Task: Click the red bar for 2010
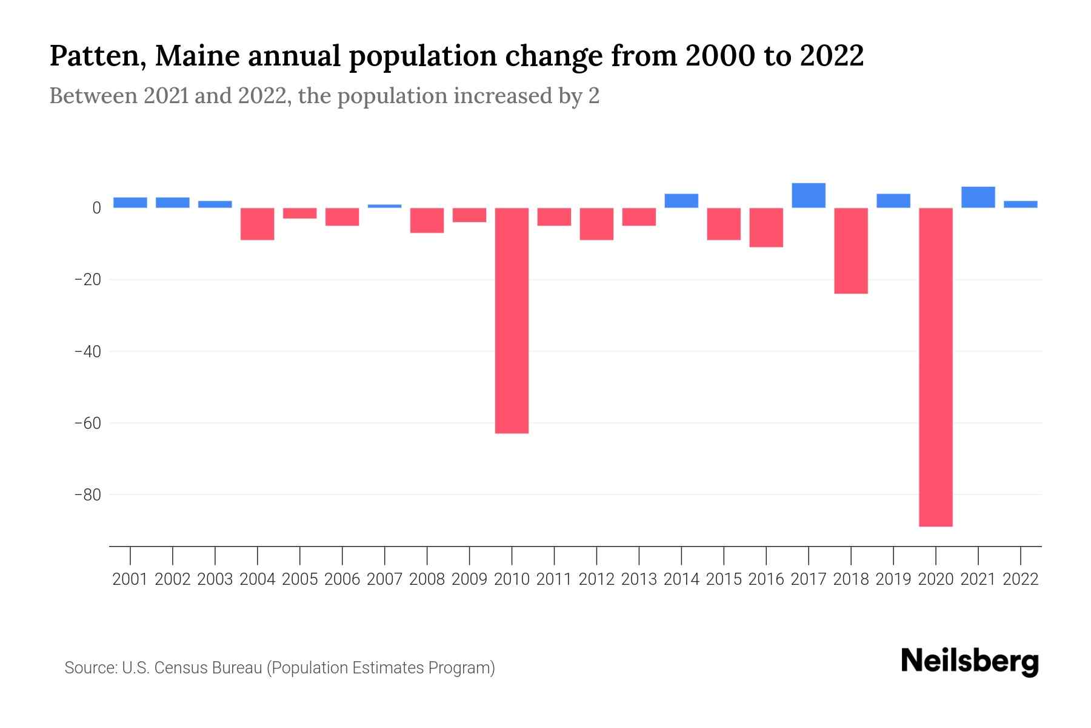(512, 320)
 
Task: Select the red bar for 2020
(936, 367)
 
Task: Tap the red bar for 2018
(851, 251)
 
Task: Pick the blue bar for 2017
(809, 195)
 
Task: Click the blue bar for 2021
(978, 197)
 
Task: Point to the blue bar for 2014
(681, 201)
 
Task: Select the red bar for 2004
(258, 224)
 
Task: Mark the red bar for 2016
(766, 227)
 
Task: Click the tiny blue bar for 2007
(384, 206)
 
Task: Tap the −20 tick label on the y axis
(87, 280)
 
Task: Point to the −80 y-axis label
(87, 495)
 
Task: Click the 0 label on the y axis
(96, 208)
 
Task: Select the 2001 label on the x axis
(130, 579)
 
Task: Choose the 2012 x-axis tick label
(596, 579)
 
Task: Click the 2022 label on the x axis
(1021, 579)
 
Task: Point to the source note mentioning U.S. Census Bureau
(279, 668)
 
